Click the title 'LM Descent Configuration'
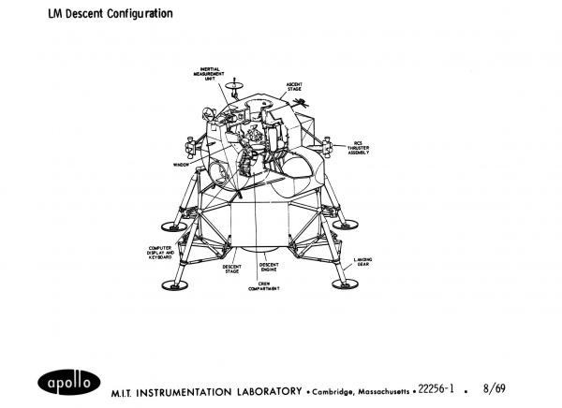coord(104,13)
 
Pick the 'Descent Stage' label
coord(232,269)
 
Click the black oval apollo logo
coord(67,382)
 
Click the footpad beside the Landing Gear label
coord(347,284)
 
